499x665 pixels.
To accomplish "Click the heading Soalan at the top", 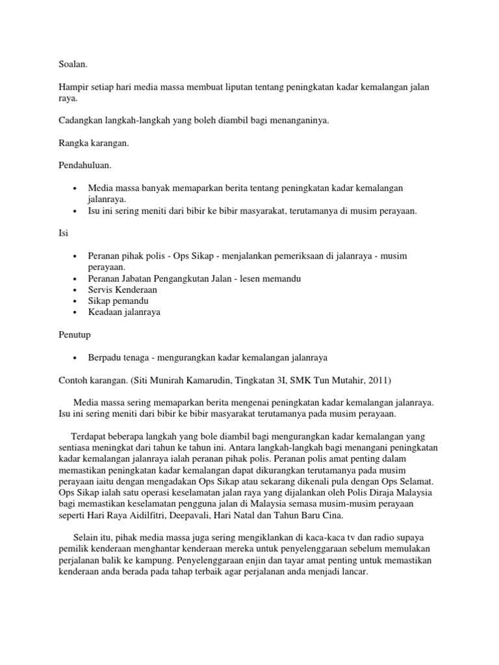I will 72,64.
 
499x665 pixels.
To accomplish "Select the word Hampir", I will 73,87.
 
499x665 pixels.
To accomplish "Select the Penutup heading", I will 75,335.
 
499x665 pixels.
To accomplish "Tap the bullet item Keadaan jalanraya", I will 125,312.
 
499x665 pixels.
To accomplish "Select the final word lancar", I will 353,572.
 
